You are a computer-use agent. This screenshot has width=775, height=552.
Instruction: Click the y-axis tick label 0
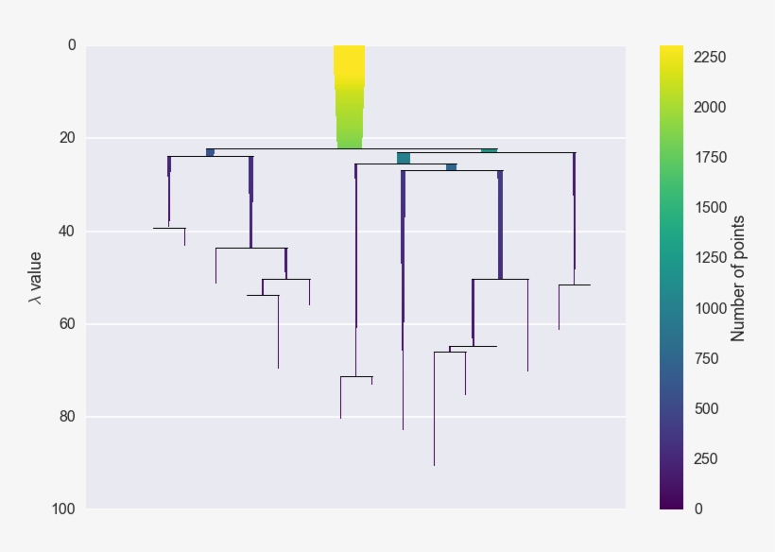tap(71, 45)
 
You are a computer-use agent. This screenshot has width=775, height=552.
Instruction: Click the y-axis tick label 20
tap(67, 138)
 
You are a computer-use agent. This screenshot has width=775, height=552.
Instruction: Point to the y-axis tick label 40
tap(67, 231)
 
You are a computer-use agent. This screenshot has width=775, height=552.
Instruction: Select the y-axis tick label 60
tap(67, 323)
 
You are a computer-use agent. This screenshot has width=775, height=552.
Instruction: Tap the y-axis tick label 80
tap(67, 416)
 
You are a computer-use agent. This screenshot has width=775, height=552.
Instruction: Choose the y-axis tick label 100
tap(63, 509)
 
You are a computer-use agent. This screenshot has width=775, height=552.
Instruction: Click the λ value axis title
tap(35, 277)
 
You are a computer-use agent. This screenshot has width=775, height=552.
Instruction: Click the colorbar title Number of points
tap(739, 277)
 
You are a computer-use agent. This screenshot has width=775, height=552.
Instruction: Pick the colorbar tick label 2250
tap(709, 57)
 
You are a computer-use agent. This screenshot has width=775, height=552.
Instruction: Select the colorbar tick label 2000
tap(709, 107)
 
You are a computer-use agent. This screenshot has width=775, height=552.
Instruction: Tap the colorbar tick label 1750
tap(709, 157)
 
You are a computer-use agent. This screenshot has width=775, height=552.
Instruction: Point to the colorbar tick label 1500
tap(709, 207)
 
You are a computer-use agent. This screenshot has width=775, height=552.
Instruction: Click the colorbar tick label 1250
tap(709, 257)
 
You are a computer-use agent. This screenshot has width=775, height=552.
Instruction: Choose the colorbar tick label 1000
tap(709, 308)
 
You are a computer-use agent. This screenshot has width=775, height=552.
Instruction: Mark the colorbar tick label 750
tap(705, 358)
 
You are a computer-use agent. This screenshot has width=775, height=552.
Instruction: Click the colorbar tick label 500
tap(705, 408)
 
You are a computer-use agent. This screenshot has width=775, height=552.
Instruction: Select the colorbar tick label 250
tap(705, 458)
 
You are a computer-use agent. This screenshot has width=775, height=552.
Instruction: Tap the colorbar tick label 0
tap(698, 509)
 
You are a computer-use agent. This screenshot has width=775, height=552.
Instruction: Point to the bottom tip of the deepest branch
tap(434, 465)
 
